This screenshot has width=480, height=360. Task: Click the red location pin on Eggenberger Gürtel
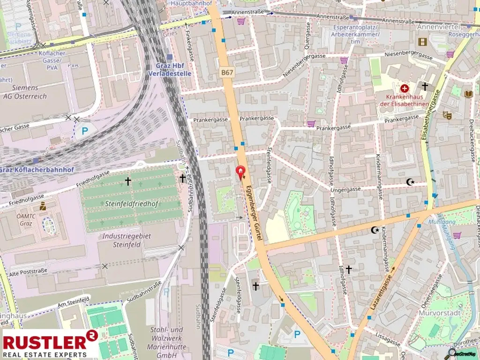pyautogui.click(x=241, y=172)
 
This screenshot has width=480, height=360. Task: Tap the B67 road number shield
pyautogui.click(x=227, y=72)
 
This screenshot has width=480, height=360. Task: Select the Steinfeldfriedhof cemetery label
pyautogui.click(x=132, y=203)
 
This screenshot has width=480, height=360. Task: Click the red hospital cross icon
pyautogui.click(x=404, y=88)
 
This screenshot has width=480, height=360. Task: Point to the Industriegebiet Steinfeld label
pyautogui.click(x=127, y=240)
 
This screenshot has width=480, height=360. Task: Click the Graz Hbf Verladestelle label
pyautogui.click(x=169, y=70)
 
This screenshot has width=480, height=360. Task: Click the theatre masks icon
pyautogui.click(x=446, y=114)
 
